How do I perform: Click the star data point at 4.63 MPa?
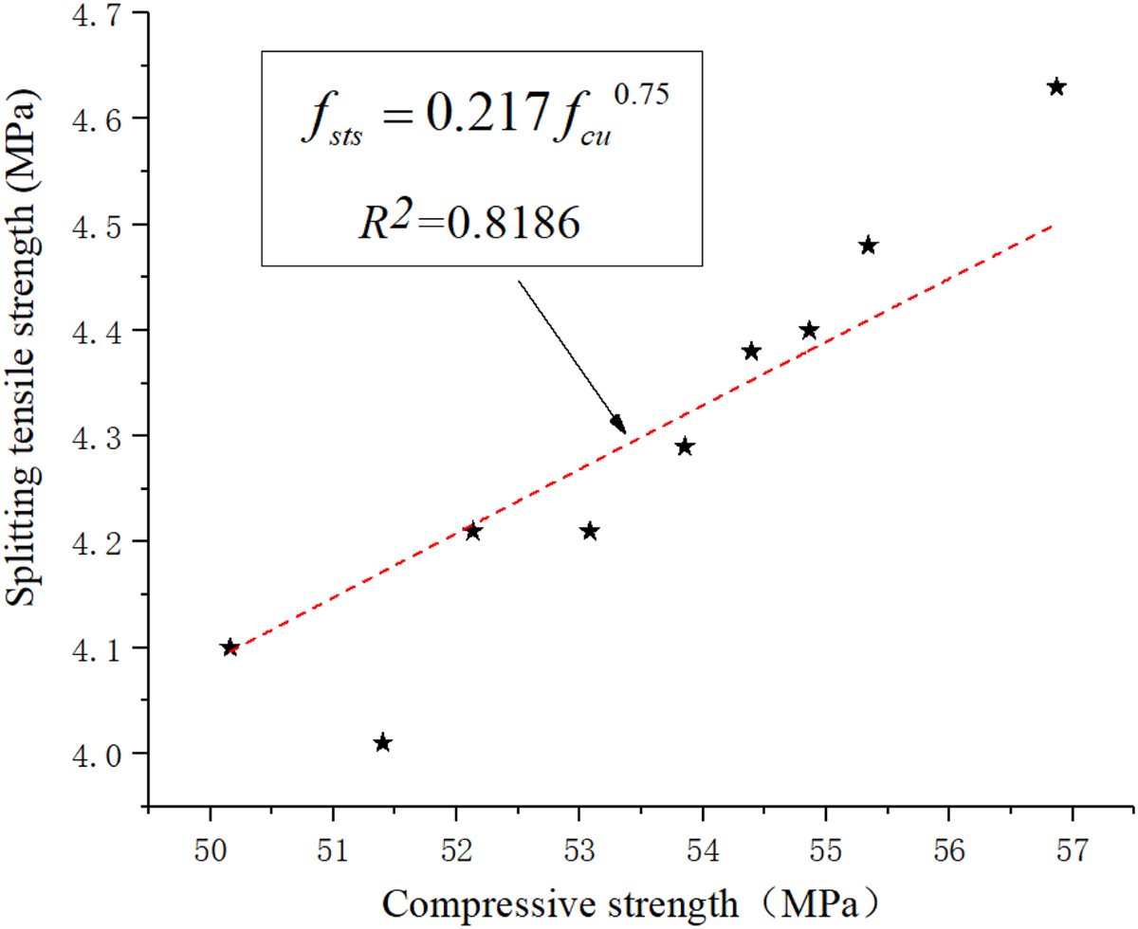tap(1056, 87)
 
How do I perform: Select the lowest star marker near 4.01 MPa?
tap(382, 742)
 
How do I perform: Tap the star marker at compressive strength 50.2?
tap(229, 647)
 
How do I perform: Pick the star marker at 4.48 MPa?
tap(868, 246)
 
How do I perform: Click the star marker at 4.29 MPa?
tap(685, 446)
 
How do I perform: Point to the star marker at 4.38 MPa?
tap(751, 351)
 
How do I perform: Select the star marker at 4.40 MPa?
tap(809, 330)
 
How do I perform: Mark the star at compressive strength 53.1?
tap(589, 531)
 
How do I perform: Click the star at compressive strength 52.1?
tap(472, 531)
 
